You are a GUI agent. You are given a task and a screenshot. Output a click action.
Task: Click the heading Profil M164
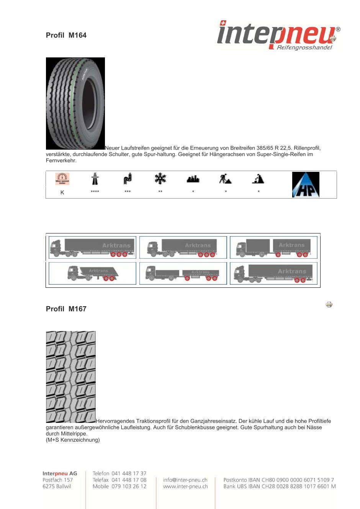(x=66, y=35)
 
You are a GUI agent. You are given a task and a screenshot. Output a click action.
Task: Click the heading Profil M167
(x=66, y=309)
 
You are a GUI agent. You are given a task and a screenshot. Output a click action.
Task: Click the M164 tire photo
(x=75, y=103)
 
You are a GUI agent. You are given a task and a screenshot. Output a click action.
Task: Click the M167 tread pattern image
(x=70, y=377)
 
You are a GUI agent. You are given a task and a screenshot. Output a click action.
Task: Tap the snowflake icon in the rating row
(x=160, y=178)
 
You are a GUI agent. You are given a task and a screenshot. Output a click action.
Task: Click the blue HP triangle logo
(x=306, y=184)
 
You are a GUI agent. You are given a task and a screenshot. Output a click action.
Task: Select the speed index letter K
(x=62, y=193)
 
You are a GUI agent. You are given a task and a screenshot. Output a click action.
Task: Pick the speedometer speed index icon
(x=62, y=179)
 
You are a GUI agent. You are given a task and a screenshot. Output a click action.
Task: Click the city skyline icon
(x=193, y=179)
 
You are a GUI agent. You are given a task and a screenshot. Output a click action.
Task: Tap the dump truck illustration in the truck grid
(x=93, y=273)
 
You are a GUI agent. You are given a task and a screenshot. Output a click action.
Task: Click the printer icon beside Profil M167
(x=329, y=305)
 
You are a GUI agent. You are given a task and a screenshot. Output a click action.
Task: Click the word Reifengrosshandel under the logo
(x=304, y=47)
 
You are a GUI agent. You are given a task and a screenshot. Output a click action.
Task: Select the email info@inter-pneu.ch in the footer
(x=185, y=480)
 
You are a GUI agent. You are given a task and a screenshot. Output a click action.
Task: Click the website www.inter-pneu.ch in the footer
(x=185, y=486)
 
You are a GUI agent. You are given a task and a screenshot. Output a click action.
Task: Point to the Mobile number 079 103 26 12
(x=129, y=486)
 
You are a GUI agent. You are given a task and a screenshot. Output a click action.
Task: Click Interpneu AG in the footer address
(x=60, y=473)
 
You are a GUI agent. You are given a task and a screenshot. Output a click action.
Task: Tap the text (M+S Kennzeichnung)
(x=73, y=440)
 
